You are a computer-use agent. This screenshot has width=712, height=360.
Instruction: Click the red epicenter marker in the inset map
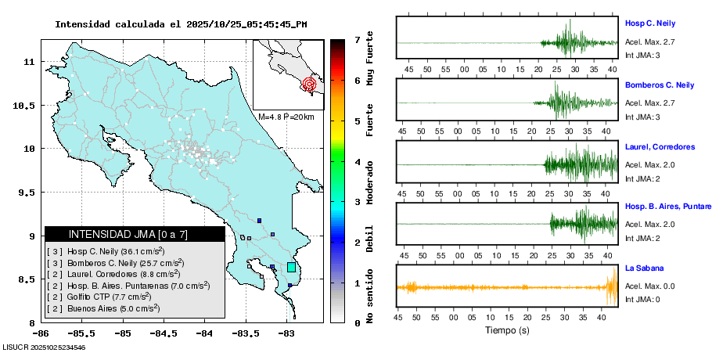[309, 83]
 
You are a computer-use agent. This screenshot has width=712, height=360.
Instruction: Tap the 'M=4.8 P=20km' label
[286, 117]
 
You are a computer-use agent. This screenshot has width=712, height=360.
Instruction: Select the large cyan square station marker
[292, 268]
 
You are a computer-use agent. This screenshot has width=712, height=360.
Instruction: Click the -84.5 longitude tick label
[121, 333]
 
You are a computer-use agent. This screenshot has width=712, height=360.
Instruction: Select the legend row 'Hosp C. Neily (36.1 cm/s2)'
[106, 251]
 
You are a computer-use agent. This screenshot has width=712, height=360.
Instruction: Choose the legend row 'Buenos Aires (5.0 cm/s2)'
[104, 308]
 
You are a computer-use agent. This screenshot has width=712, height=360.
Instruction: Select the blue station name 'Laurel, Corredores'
[660, 147]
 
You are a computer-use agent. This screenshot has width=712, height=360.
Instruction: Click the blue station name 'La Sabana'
[644, 268]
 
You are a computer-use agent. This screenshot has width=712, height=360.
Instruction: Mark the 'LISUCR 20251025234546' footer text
[45, 347]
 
